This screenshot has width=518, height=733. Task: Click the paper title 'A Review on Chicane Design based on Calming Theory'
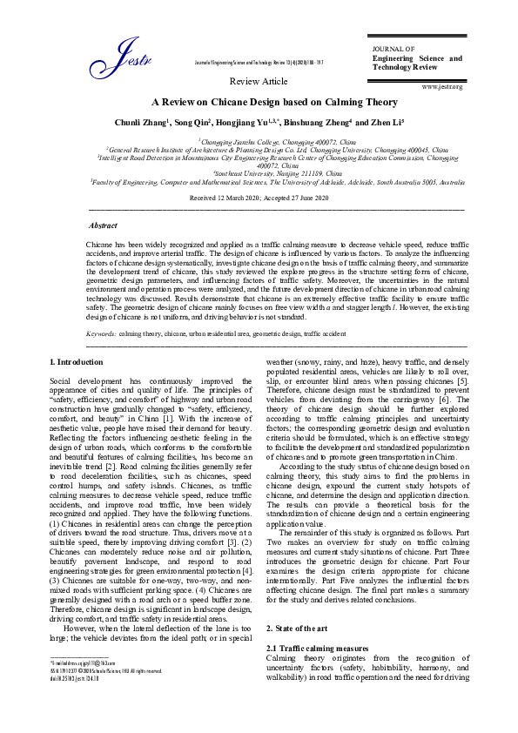tap(259, 103)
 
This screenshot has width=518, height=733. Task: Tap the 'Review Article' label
tap(258, 81)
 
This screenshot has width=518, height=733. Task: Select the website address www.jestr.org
tap(441, 87)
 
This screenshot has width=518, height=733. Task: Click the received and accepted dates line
tap(259, 198)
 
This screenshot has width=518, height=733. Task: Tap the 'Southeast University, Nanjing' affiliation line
tap(259, 174)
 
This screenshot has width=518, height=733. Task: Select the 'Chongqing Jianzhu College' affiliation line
tap(259, 140)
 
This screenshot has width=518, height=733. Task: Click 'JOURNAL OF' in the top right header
tap(394, 48)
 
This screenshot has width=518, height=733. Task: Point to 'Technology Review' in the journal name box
tap(406, 67)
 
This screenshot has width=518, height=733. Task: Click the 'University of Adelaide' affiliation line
tap(259, 183)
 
